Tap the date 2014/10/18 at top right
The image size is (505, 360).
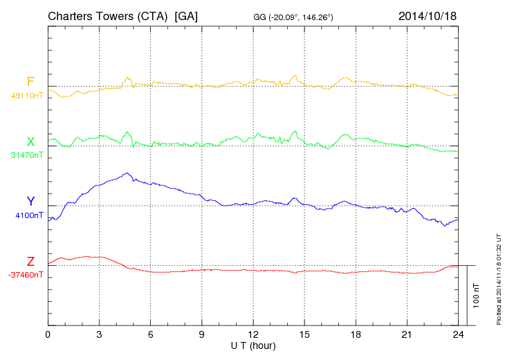coord(428,15)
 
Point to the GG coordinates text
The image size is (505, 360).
coord(294,17)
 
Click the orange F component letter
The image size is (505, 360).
coord(30,82)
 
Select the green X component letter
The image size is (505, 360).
coord(30,142)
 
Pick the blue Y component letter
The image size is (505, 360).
coord(30,201)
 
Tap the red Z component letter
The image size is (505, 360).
coord(30,262)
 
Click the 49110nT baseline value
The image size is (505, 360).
coord(27,96)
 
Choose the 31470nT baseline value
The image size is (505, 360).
coord(27,156)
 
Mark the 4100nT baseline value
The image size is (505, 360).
coord(29,215)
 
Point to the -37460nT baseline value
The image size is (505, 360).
coord(26,275)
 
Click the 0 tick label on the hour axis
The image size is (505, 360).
coord(48,335)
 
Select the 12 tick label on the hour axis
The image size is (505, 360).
coord(253,335)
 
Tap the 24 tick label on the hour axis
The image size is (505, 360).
coord(458,335)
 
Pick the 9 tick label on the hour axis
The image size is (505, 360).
coord(202,335)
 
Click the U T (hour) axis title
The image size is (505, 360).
coord(253,345)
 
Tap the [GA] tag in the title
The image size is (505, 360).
coord(187,15)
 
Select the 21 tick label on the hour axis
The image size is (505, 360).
coord(407,335)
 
